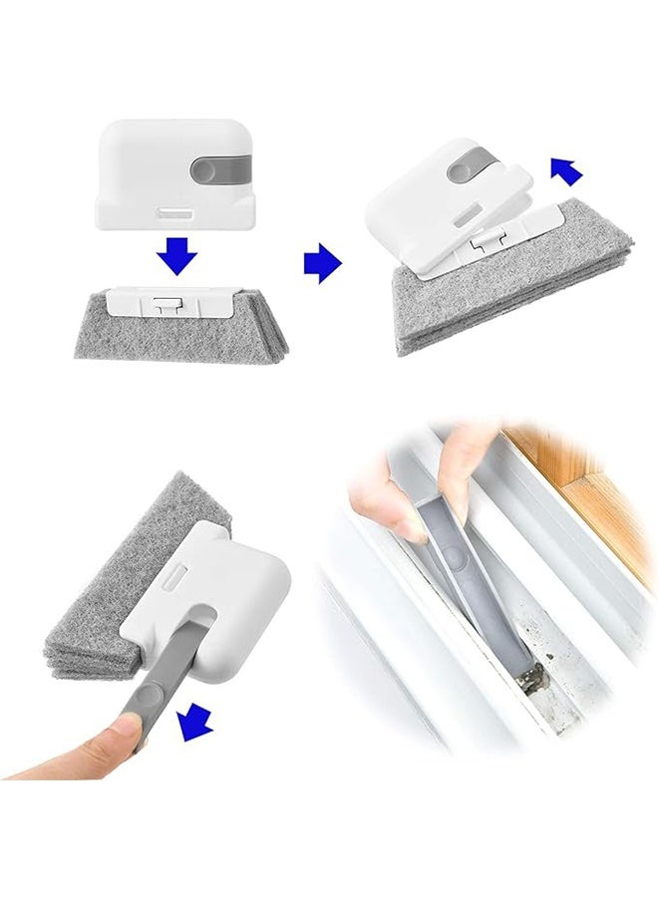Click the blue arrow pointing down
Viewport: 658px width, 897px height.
point(176,257)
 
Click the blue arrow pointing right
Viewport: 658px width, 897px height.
point(322,263)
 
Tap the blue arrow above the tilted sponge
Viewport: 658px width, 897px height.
point(565,170)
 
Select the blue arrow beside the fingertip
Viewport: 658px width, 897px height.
point(195,723)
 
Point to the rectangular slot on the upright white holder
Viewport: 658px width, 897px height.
point(175,212)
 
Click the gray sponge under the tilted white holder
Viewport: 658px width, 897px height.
point(498,299)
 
